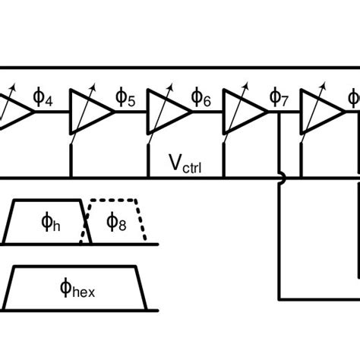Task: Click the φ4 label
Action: point(43,98)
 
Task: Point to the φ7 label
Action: point(279,98)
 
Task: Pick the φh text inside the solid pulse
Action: point(51,223)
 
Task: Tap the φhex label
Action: point(76,289)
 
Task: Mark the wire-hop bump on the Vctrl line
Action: point(281,179)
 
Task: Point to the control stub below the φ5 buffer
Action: point(71,161)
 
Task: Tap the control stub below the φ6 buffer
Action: point(148,161)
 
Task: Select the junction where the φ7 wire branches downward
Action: point(280,112)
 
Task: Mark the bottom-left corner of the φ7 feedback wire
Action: point(280,297)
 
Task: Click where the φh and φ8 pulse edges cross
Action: point(86,232)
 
